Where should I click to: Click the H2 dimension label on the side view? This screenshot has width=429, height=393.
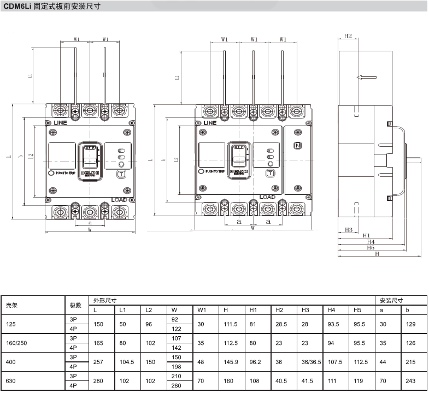click(348, 36)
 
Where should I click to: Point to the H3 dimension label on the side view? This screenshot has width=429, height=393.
click(348, 229)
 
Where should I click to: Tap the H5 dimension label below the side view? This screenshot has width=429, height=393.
click(371, 247)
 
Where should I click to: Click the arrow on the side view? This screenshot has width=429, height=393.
click(366, 77)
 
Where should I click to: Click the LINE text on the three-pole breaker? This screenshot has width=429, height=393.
click(57, 123)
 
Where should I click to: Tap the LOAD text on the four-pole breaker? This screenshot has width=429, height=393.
click(267, 197)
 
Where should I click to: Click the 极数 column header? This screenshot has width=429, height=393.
click(75, 305)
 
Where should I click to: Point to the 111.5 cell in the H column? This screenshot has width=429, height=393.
click(230, 324)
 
